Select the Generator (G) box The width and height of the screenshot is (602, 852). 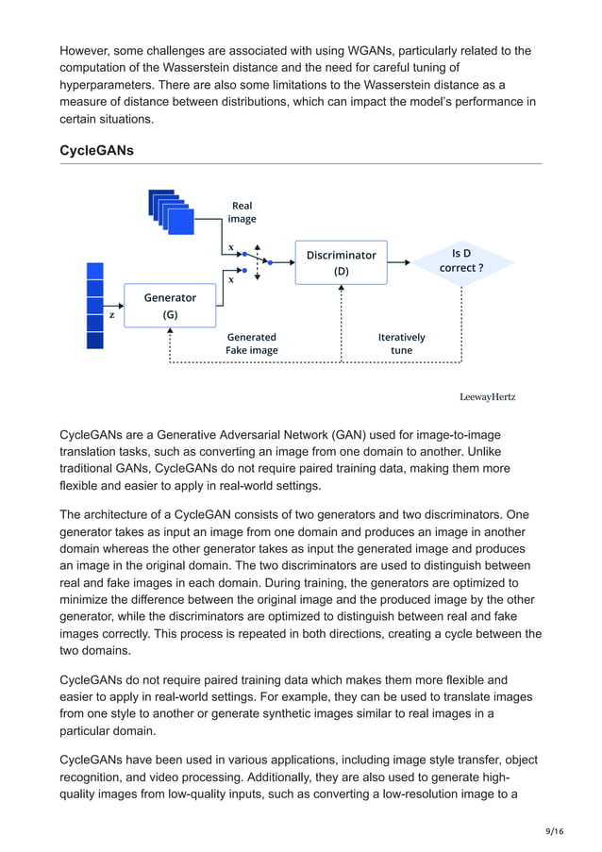tap(170, 306)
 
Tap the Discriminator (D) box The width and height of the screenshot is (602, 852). tap(341, 262)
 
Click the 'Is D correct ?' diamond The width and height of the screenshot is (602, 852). tap(461, 260)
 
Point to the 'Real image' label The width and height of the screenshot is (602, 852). tap(242, 211)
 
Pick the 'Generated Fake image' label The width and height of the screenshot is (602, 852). tap(251, 343)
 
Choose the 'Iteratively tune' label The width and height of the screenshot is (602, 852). tap(401, 343)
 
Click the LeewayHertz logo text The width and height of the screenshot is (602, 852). tap(487, 396)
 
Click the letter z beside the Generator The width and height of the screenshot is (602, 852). tap(111, 315)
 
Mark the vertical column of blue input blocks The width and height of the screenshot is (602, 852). tap(94, 305)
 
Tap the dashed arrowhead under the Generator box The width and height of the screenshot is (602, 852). tap(170, 332)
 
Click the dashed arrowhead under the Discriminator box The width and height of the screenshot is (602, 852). tap(341, 289)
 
